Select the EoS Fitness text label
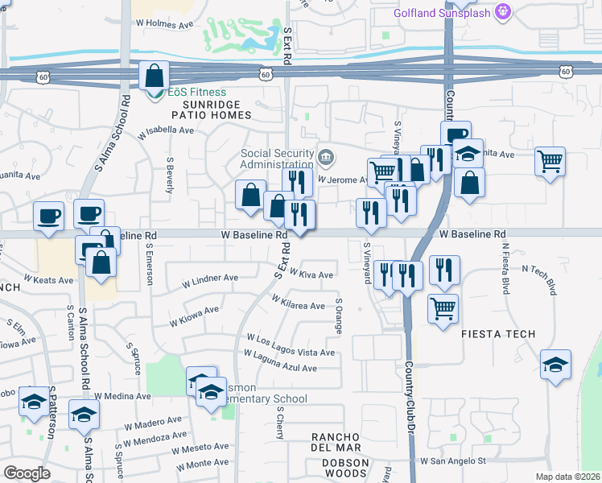[196, 92]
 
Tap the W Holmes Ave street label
[164, 25]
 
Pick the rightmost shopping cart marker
[550, 162]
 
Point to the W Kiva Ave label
[311, 275]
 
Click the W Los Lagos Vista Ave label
[291, 345]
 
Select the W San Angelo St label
[454, 461]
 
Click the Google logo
[27, 473]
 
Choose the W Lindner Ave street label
[210, 280]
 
